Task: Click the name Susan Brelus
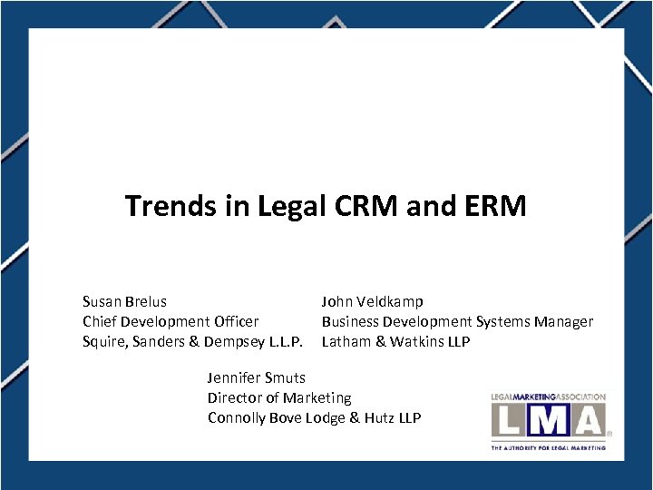(124, 301)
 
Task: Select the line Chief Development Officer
(171, 321)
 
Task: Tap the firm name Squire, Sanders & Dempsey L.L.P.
(192, 342)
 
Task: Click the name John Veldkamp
(372, 301)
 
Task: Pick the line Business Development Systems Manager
(457, 321)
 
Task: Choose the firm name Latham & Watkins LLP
(395, 342)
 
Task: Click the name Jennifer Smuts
(257, 377)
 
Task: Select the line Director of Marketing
(279, 397)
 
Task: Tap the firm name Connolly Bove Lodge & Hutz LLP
(314, 417)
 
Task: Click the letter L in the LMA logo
(510, 420)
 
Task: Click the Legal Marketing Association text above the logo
(548, 397)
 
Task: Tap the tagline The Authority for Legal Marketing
(548, 447)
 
